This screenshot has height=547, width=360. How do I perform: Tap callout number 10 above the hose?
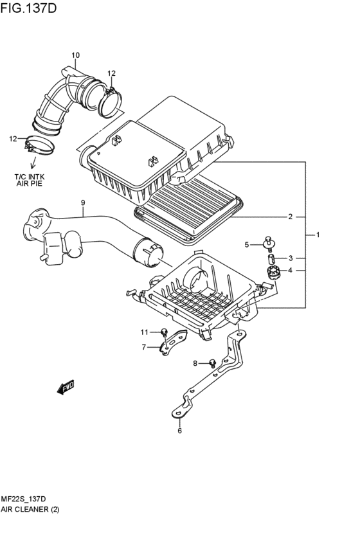tap(75, 55)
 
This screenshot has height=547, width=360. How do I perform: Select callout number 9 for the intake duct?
tap(83, 204)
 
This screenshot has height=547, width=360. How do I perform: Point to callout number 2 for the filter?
tap(290, 217)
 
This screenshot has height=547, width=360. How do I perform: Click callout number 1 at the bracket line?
tap(318, 235)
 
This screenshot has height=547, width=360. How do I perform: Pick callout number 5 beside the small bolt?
tap(246, 244)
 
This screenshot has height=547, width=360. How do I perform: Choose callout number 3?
tap(290, 258)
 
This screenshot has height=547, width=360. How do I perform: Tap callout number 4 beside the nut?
tap(290, 271)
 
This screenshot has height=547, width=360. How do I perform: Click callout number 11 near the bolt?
tap(145, 332)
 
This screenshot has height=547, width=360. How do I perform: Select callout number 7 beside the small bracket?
tap(145, 347)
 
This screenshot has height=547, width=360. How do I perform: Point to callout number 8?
tap(195, 364)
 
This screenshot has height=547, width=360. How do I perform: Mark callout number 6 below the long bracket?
tap(179, 431)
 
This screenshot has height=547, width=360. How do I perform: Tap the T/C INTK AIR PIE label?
tap(28, 179)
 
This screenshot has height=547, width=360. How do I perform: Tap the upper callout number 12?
tap(111, 73)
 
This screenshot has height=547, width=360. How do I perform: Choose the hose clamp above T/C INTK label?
tap(39, 145)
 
